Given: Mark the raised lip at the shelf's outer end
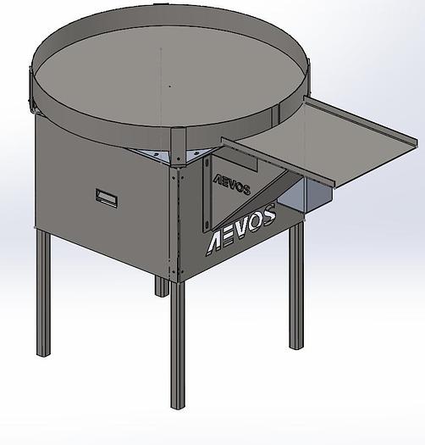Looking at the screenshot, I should [x=377, y=162].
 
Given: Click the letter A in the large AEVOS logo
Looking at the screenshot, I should [x=218, y=240].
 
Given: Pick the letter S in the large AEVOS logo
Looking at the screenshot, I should [x=268, y=218].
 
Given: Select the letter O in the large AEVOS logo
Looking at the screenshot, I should [x=257, y=223].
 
